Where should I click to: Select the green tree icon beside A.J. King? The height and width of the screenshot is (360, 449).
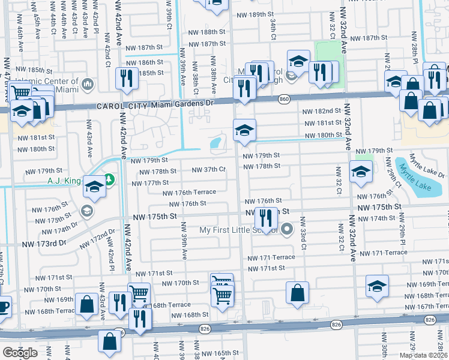click(x=109, y=178)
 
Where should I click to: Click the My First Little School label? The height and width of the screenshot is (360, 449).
click(x=238, y=230)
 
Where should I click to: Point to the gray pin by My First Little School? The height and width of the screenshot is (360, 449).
click(x=287, y=229)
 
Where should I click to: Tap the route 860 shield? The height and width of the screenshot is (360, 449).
click(x=284, y=98)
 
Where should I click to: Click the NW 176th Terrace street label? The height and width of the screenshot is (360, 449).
click(x=189, y=193)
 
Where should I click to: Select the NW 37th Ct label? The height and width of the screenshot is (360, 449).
click(x=208, y=170)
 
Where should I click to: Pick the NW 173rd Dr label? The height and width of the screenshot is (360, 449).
click(x=43, y=244)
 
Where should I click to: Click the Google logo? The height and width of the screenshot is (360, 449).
click(x=20, y=353)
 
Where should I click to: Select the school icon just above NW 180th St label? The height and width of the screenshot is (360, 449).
click(x=244, y=130)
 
